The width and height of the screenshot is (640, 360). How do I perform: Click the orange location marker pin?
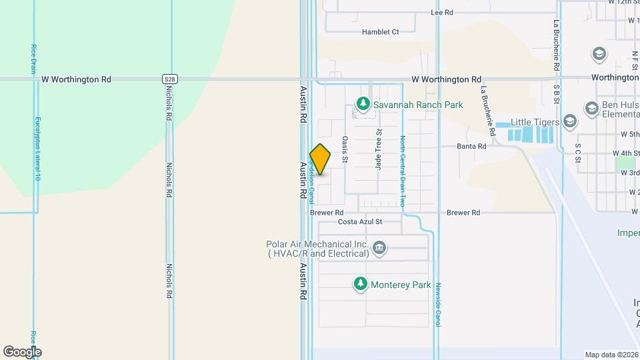[x=321, y=159]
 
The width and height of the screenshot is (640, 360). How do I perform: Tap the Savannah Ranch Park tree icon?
[x=363, y=104]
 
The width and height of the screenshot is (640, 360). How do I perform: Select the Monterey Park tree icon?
[x=361, y=285]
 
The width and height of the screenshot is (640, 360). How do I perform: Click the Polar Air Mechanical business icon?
[x=379, y=249]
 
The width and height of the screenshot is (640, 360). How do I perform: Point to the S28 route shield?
[x=170, y=79]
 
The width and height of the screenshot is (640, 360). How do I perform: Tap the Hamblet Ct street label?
[x=380, y=31]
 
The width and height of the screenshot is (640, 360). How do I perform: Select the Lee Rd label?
[x=442, y=13]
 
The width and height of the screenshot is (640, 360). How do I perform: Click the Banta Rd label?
[x=471, y=146]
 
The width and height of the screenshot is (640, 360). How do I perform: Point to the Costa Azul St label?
[x=360, y=221]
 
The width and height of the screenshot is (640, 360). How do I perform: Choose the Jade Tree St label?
[x=378, y=149]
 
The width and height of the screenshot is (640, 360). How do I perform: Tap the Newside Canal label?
[x=439, y=304]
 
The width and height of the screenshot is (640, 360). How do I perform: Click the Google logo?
[x=22, y=352]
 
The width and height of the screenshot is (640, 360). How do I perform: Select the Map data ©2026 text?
[x=611, y=355]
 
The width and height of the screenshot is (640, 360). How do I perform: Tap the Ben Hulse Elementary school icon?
[x=591, y=108]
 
